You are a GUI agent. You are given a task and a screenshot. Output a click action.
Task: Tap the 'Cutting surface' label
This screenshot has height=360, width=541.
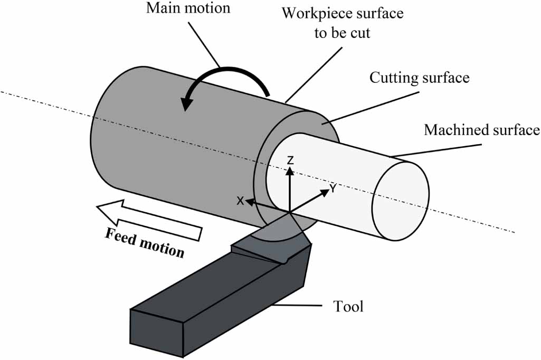(419, 78)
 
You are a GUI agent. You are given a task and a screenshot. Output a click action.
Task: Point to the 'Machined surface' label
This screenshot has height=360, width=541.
(481, 129)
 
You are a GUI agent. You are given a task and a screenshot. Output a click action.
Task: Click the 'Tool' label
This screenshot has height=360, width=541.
(348, 306)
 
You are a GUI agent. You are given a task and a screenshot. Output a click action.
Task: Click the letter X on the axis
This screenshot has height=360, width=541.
(240, 201)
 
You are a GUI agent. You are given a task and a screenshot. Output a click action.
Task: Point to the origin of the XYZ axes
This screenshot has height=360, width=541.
(289, 212)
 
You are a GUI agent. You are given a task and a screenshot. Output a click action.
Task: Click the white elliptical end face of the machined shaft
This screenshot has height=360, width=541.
(401, 201)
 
